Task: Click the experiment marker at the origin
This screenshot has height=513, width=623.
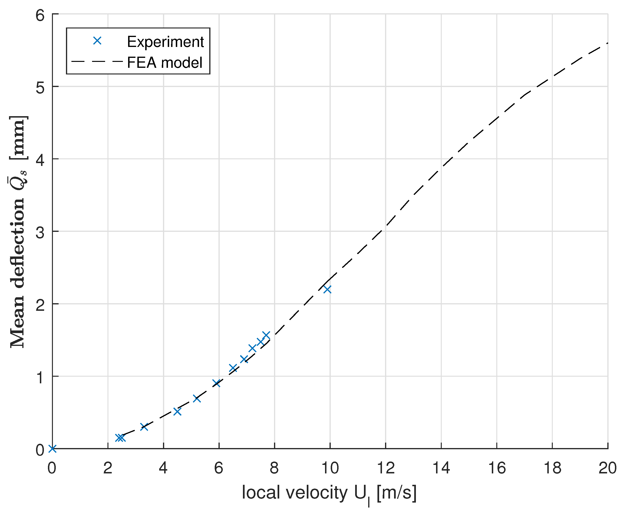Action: click(52, 449)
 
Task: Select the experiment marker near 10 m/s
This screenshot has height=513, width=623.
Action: click(327, 289)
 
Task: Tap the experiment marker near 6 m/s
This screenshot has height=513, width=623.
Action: click(217, 383)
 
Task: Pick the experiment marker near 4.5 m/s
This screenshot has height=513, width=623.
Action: click(177, 411)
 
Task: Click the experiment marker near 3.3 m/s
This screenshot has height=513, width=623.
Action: click(144, 427)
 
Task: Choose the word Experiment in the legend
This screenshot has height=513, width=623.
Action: click(165, 42)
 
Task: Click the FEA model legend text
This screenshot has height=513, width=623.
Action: click(165, 62)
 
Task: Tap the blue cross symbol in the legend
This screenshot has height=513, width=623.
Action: click(97, 41)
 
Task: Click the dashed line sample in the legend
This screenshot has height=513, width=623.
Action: click(97, 62)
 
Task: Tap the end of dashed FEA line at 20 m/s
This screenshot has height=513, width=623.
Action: click(607, 43)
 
